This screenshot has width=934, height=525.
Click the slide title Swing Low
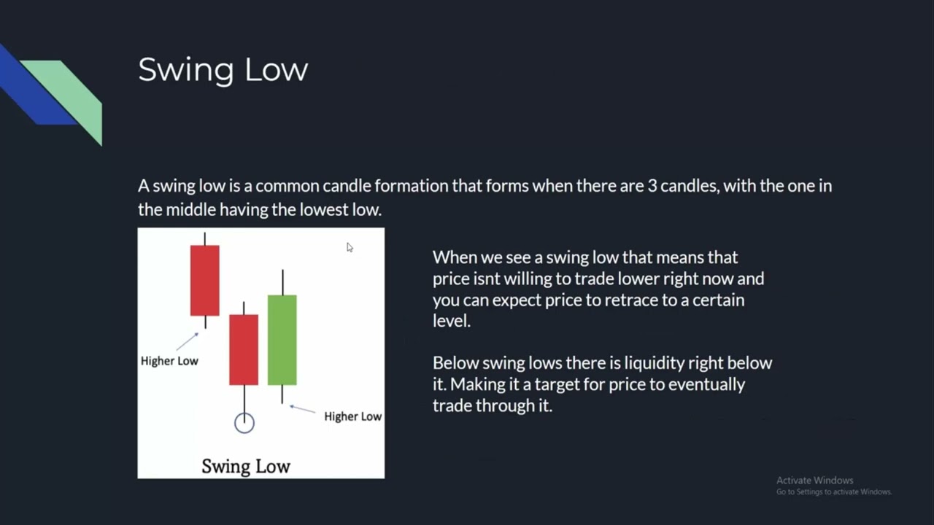pos(223,70)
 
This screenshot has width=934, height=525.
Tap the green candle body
pos(282,340)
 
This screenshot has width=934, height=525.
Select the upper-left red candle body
pos(204,280)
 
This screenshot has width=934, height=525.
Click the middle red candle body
pos(244,349)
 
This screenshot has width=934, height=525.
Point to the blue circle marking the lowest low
pos(244,423)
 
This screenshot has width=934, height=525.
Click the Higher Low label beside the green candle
pos(352,416)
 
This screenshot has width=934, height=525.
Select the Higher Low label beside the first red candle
pos(169,361)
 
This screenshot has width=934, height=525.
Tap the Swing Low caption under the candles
pos(246,467)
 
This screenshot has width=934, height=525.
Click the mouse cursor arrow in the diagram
pos(350,248)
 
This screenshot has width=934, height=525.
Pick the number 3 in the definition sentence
pos(651,186)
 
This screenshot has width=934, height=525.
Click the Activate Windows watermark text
pos(814,481)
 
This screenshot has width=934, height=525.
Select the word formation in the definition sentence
pos(412,186)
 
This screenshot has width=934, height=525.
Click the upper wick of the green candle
pos(282,282)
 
